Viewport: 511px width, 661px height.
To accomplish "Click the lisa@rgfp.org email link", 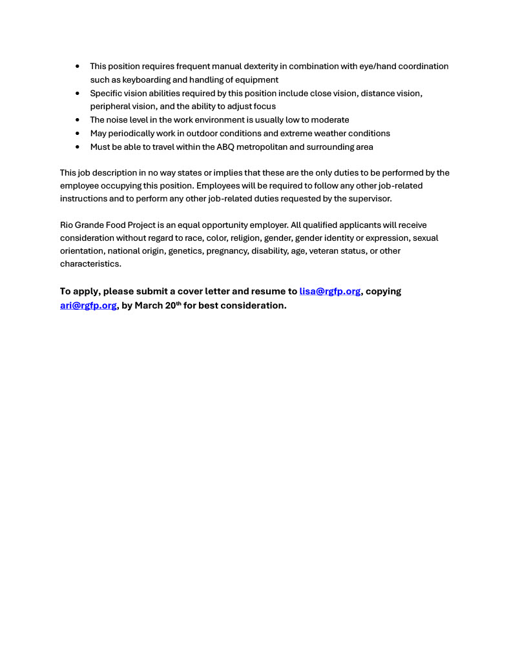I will point(329,291).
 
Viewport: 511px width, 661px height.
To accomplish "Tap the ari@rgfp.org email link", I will point(89,305).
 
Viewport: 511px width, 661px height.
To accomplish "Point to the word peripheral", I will point(110,107).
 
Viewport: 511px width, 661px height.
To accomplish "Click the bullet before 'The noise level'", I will point(78,120).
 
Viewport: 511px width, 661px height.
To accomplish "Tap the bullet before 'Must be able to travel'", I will point(78,147).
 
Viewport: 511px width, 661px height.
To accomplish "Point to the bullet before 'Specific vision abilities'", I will point(78,94).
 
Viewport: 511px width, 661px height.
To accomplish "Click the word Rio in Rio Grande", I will point(67,225).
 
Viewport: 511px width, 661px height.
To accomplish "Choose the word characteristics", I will point(90,264).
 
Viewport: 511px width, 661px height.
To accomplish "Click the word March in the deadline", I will point(149,305).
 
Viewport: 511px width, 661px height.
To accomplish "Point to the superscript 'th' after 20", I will point(178,303).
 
